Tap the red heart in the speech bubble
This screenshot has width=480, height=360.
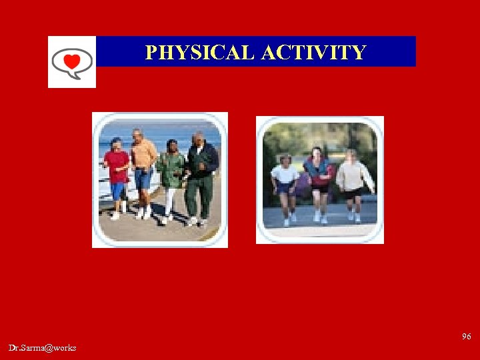[72, 62]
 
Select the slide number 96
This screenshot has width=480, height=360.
[466, 337]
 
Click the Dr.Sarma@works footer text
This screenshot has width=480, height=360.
[43, 348]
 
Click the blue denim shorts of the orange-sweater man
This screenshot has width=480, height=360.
[143, 179]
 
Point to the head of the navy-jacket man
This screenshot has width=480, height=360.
[199, 139]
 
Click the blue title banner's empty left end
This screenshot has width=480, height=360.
[117, 52]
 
